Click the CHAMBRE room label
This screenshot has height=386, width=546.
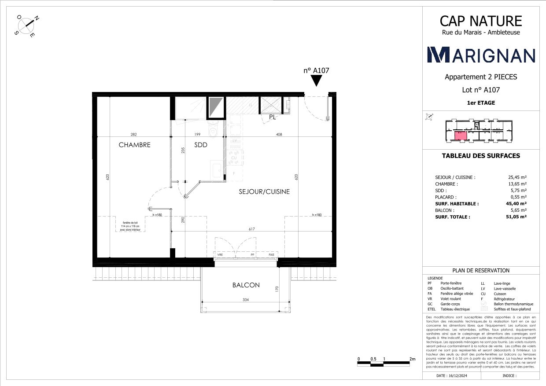point(134,145)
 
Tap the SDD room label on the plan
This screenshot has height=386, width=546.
point(200,145)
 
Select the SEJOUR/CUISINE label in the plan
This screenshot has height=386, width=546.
point(264,191)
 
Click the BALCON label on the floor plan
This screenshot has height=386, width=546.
point(246,285)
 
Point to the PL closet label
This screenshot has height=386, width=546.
point(273,117)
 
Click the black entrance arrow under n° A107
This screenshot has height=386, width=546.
point(317,81)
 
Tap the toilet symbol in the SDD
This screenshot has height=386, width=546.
point(214,131)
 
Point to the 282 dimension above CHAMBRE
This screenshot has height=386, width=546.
point(134,134)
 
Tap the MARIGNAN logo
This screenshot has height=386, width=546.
point(481,55)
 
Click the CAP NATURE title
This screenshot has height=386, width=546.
point(481,21)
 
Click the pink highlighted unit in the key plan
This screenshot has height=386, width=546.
point(460,135)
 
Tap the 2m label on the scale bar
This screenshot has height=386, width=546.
point(413,359)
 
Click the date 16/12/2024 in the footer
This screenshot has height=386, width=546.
point(450,376)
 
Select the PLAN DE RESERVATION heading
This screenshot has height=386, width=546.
point(481,271)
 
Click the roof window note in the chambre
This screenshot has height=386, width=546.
point(129,226)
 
